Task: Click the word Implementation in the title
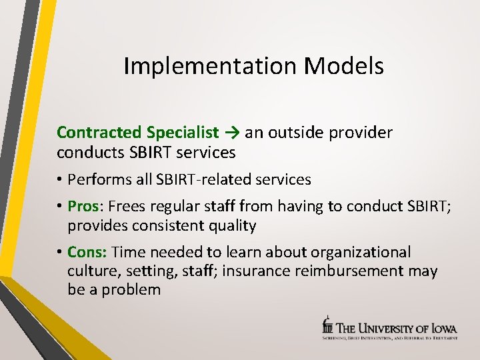tap(211, 66)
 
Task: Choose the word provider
tap(363, 133)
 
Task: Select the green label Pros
tap(82, 207)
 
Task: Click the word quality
tap(231, 225)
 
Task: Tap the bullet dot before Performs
tap(61, 180)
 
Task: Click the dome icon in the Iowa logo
tap(327, 324)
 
